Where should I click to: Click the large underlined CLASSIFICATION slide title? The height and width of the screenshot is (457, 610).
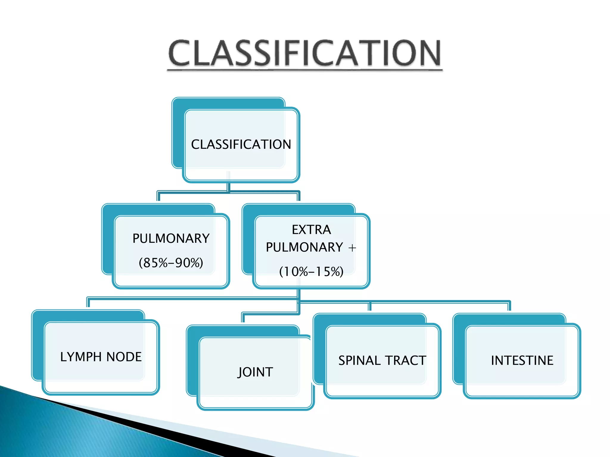pyautogui.click(x=304, y=54)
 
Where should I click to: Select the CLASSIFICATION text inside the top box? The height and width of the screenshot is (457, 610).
pyautogui.click(x=241, y=145)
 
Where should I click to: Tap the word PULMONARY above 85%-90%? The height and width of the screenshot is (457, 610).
pyautogui.click(x=171, y=239)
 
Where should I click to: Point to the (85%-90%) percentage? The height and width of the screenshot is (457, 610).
pyautogui.click(x=171, y=263)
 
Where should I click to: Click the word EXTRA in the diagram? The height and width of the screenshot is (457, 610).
pyautogui.click(x=311, y=230)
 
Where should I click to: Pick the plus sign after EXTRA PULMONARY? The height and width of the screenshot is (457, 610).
pyautogui.click(x=352, y=248)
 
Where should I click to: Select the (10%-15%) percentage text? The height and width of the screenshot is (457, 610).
pyautogui.click(x=311, y=272)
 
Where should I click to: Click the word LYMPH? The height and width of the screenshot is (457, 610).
pyautogui.click(x=81, y=357)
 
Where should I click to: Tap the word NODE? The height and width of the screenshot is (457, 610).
pyautogui.click(x=124, y=357)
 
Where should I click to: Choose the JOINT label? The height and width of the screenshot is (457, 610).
pyautogui.click(x=255, y=372)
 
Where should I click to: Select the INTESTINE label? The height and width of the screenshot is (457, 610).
pyautogui.click(x=522, y=361)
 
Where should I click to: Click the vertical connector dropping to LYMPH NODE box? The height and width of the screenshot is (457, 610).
pyautogui.click(x=88, y=303)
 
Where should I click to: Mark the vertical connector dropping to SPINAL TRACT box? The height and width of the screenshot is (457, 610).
pyautogui.click(x=370, y=306)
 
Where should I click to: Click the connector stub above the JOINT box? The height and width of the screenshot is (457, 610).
pyautogui.click(x=243, y=318)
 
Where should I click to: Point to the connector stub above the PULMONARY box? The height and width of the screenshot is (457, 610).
pyautogui.click(x=158, y=197)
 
